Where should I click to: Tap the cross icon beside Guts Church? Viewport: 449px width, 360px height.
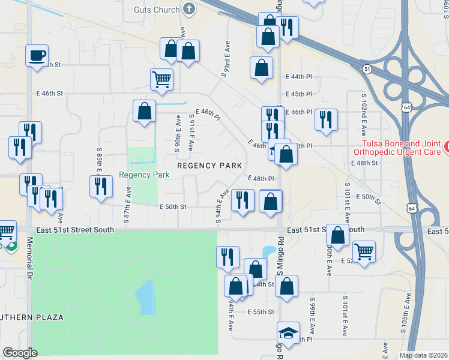190,9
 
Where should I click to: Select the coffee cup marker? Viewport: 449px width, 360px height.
37,56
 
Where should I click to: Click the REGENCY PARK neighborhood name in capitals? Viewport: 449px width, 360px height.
209,165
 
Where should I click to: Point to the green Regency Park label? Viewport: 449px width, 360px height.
144,175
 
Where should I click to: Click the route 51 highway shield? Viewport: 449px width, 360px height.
366,70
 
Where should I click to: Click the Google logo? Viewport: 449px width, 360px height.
20,353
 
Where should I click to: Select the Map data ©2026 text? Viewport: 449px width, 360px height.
423,355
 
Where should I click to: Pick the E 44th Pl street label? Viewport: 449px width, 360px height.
299,77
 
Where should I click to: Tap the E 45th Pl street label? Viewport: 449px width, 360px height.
299,94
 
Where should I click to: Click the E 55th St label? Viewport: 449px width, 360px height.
261,312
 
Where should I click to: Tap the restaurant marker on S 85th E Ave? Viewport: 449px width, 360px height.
101,187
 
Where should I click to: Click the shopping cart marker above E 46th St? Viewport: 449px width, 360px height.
161,79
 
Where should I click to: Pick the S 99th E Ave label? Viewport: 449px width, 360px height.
312,316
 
